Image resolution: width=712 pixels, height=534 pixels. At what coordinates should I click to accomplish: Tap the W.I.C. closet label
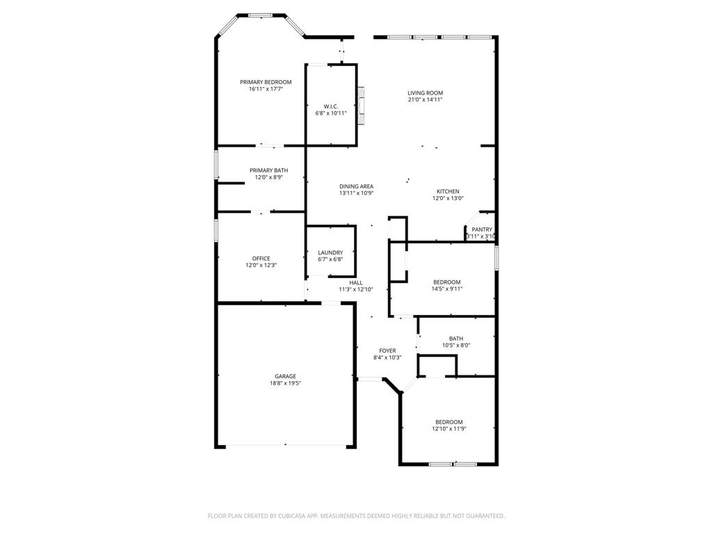click(330, 106)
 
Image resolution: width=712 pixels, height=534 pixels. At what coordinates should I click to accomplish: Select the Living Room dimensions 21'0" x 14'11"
click(425, 100)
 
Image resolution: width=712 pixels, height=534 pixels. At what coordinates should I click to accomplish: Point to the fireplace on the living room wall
click(361, 105)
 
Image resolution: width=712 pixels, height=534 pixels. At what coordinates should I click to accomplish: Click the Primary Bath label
click(268, 170)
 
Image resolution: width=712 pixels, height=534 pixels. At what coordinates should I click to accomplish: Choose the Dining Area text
click(356, 186)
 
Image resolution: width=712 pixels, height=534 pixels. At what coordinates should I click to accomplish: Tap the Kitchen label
click(447, 191)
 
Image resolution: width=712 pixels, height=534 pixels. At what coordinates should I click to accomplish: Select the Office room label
click(261, 259)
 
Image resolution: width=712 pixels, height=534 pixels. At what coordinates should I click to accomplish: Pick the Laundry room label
click(330, 252)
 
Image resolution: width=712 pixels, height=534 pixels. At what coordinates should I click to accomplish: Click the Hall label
click(356, 282)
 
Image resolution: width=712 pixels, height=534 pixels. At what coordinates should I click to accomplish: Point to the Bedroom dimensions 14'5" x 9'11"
click(447, 289)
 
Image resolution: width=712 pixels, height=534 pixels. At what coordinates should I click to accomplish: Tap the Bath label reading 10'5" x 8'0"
click(456, 346)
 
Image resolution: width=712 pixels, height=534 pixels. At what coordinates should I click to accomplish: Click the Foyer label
click(387, 351)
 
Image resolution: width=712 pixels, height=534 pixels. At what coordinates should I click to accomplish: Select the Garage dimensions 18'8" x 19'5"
click(285, 383)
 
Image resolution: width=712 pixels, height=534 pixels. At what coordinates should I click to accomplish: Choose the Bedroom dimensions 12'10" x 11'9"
click(448, 429)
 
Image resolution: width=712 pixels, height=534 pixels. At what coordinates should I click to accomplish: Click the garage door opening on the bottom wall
click(285, 446)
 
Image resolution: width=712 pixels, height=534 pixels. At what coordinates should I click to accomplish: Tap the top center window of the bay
click(261, 15)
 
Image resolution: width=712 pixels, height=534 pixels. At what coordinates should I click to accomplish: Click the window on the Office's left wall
click(216, 230)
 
